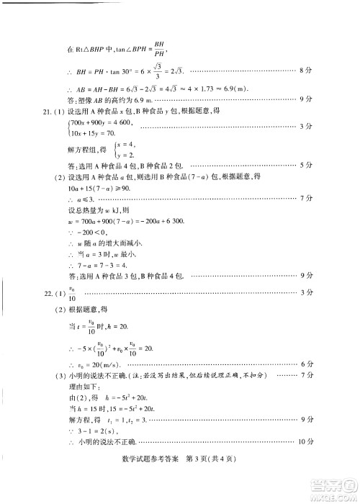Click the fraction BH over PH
click(x=158, y=48)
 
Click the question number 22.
click(x=47, y=292)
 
